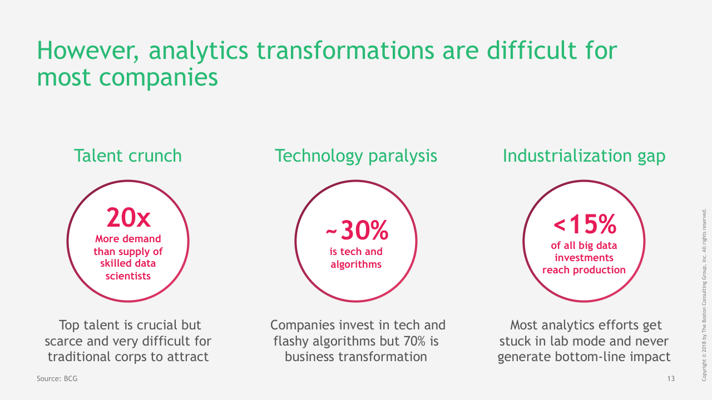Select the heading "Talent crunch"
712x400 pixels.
click(x=128, y=156)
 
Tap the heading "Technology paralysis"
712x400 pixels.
click(x=356, y=156)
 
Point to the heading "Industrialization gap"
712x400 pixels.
click(x=584, y=156)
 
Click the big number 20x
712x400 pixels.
click(x=128, y=217)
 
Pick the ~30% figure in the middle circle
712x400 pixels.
click(x=357, y=230)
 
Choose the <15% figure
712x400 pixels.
click(x=585, y=224)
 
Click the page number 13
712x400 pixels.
click(x=671, y=378)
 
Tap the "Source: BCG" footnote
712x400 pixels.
click(x=57, y=378)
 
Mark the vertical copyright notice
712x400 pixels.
click(x=704, y=295)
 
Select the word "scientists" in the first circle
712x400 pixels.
click(x=128, y=276)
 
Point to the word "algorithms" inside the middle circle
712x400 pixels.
click(x=356, y=264)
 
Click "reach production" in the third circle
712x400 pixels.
click(x=584, y=270)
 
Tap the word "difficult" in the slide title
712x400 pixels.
click(x=531, y=51)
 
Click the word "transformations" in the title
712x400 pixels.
click(x=345, y=51)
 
